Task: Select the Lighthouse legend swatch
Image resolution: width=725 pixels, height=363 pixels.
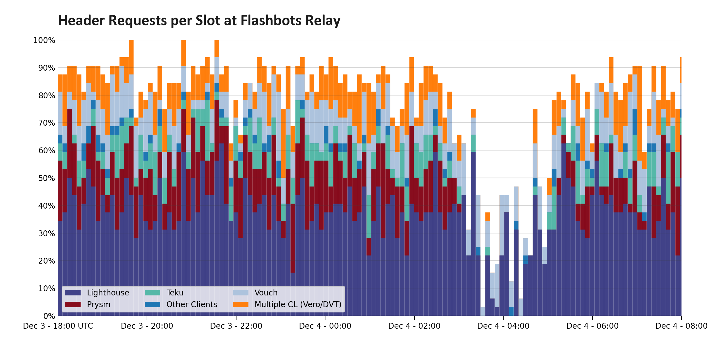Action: point(72,293)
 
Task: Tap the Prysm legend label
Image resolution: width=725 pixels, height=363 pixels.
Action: point(98,305)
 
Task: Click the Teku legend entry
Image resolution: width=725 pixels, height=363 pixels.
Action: point(175,293)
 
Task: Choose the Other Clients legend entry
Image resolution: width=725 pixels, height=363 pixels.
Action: point(192,305)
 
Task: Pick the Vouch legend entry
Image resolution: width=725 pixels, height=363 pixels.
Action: point(266,293)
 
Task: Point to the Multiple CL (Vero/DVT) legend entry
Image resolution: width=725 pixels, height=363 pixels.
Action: point(298,305)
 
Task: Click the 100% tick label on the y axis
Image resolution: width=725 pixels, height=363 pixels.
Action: point(44,40)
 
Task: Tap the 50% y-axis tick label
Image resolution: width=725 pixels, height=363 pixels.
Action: point(46,178)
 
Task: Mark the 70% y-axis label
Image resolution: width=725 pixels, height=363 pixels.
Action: point(46,123)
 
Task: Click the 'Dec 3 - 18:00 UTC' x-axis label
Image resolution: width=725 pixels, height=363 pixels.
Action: point(58,326)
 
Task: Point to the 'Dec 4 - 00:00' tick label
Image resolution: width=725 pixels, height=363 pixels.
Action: point(325,326)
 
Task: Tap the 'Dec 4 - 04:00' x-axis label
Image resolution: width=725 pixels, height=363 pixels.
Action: point(503,326)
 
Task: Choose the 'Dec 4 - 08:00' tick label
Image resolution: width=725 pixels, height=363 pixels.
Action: point(681,326)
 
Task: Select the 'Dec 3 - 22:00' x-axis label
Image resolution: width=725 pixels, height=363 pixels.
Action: point(236,326)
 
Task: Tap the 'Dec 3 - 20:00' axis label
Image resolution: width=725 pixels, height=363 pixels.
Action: point(147,326)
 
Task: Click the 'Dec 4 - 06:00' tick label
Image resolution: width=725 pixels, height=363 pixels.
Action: point(593,326)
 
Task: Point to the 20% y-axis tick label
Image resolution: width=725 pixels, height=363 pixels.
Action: point(46,261)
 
